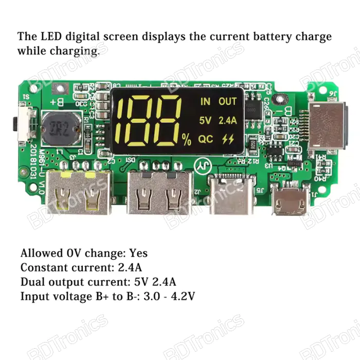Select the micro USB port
click(291, 202)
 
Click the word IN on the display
click(205, 102)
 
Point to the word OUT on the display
click(227, 102)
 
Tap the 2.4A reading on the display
click(227, 120)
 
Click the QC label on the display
click(206, 139)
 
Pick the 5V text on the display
click(205, 120)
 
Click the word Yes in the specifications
click(138, 253)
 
